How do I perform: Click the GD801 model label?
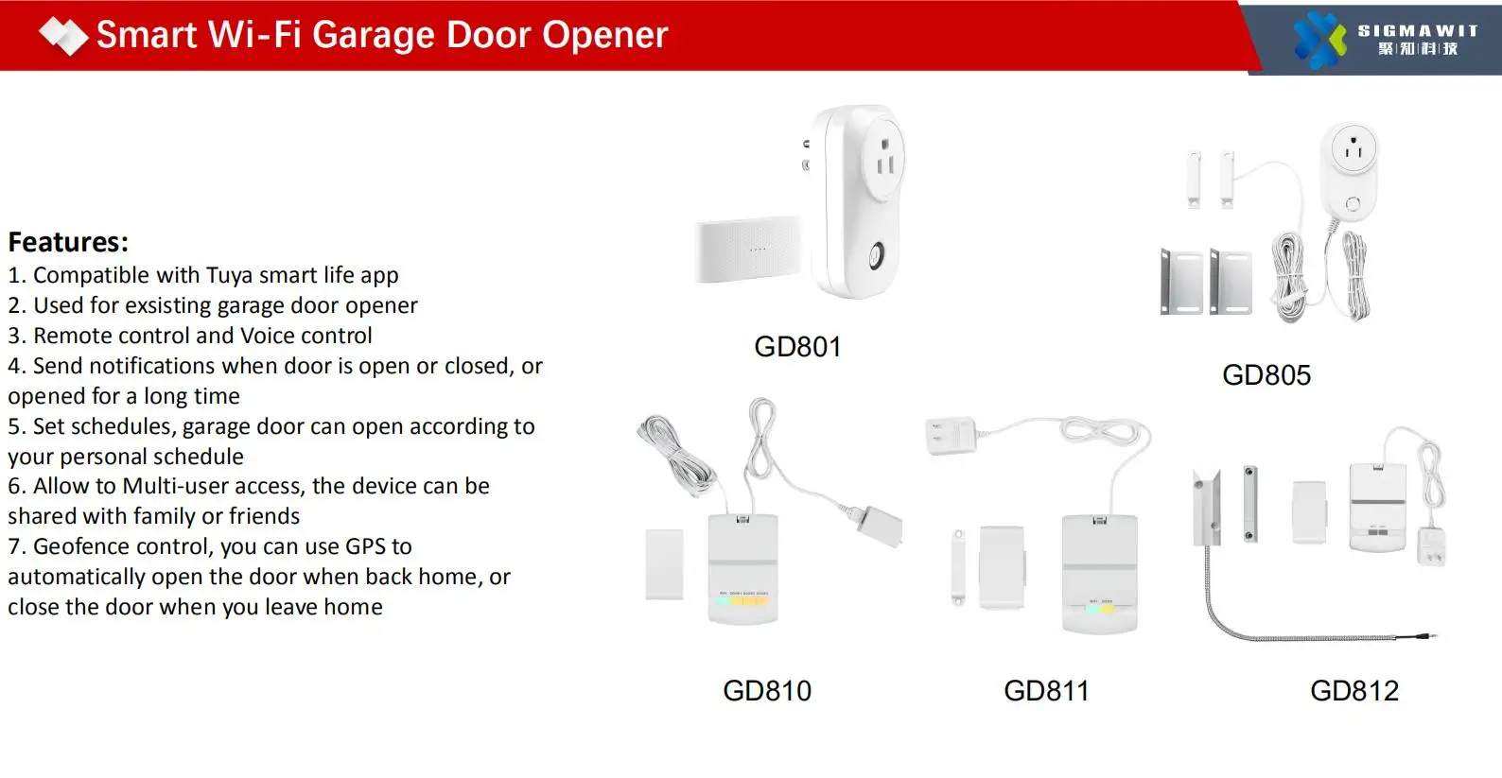(797, 347)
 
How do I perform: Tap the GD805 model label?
(1266, 375)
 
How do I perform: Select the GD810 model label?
(767, 691)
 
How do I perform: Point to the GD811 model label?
(1046, 691)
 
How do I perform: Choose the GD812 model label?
(1354, 691)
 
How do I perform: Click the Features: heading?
(68, 242)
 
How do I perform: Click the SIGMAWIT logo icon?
(1319, 40)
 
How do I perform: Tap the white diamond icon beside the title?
(63, 36)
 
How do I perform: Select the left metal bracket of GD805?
(1181, 283)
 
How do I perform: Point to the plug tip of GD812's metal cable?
(1434, 638)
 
